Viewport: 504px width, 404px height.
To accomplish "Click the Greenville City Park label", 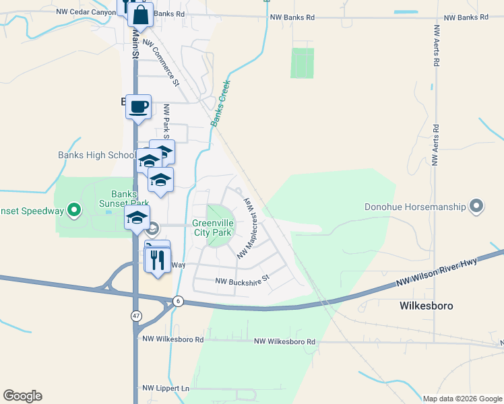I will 212,228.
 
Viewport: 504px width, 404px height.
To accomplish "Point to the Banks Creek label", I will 220,104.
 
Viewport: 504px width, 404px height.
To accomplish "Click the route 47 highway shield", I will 137,315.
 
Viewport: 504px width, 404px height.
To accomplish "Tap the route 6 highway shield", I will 178,301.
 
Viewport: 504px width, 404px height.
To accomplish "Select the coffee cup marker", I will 139,106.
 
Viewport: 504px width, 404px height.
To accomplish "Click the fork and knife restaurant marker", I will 158,259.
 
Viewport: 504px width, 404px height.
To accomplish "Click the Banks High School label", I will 96,156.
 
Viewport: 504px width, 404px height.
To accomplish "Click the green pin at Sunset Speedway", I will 75,211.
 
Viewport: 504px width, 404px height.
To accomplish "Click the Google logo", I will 22,396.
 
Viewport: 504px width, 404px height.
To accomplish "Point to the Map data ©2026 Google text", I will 462,399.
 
